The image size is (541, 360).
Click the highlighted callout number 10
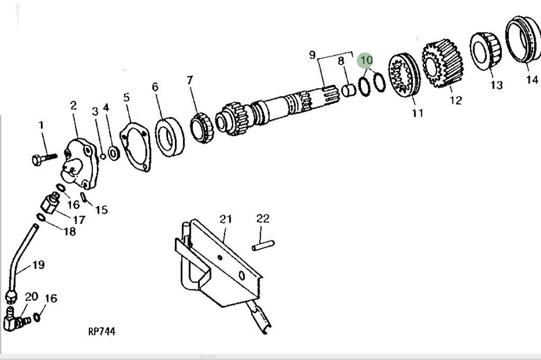click(x=366, y=60)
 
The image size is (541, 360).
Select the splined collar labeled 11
click(x=404, y=76)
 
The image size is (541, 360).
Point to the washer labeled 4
click(x=113, y=154)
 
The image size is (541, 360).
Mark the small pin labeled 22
click(x=263, y=245)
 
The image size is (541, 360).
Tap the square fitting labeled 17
click(x=51, y=204)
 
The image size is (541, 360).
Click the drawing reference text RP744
click(x=102, y=331)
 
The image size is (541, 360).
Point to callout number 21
click(x=226, y=219)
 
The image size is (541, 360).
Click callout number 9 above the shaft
click(x=313, y=55)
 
